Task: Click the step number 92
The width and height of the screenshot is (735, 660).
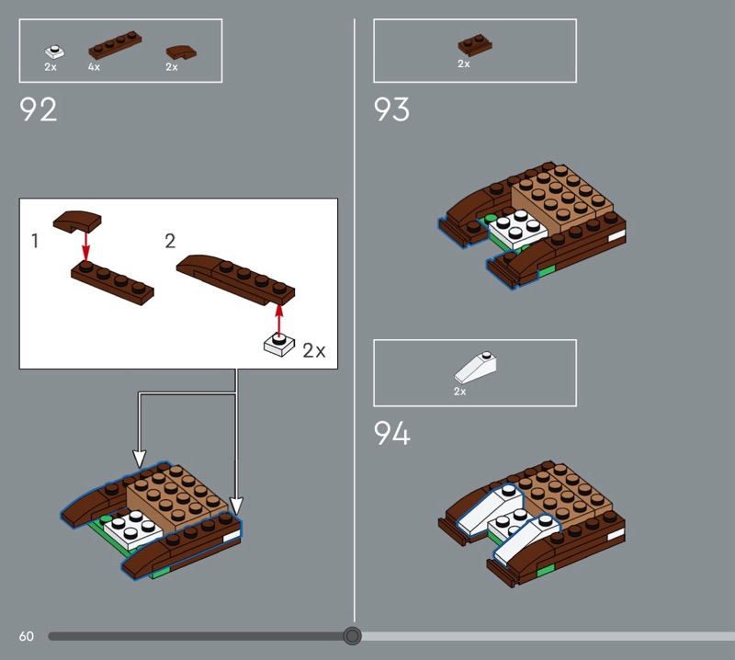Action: [38, 109]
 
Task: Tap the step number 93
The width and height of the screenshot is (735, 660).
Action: [391, 109]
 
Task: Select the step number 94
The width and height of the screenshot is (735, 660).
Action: [392, 433]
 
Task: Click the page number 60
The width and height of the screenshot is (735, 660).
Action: [27, 636]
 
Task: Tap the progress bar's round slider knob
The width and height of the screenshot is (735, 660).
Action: [352, 636]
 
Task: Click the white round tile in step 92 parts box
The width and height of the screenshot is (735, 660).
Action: [55, 51]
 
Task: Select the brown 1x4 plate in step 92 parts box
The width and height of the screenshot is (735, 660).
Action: [116, 45]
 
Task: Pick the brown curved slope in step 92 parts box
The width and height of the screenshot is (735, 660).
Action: [181, 52]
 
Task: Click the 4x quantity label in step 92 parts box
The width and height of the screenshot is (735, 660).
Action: [94, 67]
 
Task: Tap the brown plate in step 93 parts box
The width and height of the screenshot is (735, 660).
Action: [475, 45]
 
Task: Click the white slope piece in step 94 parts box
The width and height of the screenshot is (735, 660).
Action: [475, 368]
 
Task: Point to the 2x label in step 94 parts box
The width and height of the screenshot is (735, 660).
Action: [460, 392]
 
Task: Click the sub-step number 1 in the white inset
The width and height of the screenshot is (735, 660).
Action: [34, 241]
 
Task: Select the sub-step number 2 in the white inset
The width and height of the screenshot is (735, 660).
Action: [170, 241]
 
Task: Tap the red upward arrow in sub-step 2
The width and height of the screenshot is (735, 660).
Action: [279, 321]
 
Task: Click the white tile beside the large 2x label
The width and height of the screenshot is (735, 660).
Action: [279, 345]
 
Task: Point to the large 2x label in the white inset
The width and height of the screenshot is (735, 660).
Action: [313, 350]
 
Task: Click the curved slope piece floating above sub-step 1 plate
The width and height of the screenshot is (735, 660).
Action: [77, 222]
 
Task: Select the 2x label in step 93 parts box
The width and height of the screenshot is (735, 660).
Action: [464, 63]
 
